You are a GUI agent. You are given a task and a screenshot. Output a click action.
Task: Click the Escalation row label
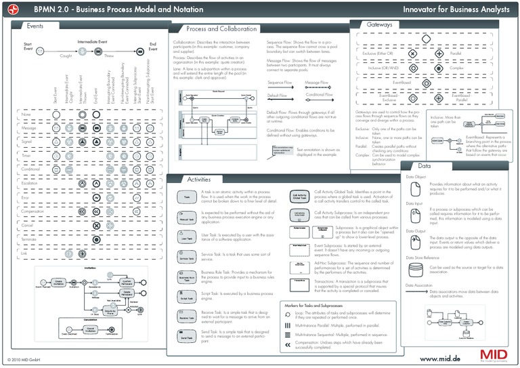[30, 183]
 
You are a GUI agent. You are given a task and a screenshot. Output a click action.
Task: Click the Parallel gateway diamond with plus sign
[439, 54]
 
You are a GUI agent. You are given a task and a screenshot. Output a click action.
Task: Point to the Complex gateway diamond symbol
[439, 68]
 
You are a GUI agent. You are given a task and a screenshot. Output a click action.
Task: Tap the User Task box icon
[186, 238]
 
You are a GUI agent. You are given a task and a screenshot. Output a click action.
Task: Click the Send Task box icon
[186, 336]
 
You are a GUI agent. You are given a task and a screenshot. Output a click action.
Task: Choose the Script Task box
[186, 298]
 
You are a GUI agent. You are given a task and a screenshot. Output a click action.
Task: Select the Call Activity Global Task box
[300, 197]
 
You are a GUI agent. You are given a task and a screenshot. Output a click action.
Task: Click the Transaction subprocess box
[300, 281]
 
